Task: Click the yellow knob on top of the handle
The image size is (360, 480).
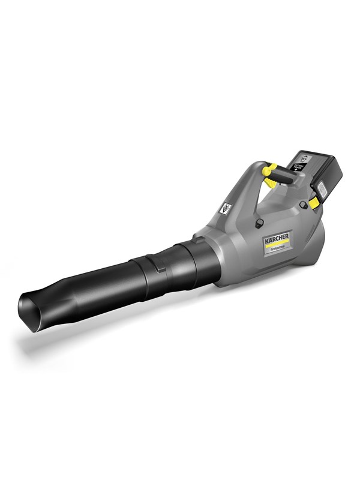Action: pyautogui.click(x=271, y=172)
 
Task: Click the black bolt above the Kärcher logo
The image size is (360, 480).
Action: pyautogui.click(x=260, y=223)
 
